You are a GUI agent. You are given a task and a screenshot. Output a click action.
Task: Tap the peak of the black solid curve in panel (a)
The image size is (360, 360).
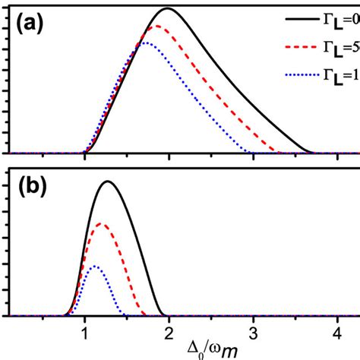click(x=167, y=9)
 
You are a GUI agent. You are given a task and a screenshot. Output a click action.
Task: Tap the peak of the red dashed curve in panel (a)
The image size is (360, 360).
click(x=156, y=27)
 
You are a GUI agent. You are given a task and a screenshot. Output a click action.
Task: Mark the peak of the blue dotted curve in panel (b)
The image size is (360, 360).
click(x=93, y=266)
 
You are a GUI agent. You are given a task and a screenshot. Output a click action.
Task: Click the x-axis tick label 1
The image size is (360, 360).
click(x=84, y=333)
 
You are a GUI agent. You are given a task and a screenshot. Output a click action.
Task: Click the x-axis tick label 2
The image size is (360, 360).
click(x=169, y=333)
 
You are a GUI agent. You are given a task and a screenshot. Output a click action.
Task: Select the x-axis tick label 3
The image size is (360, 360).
click(x=253, y=333)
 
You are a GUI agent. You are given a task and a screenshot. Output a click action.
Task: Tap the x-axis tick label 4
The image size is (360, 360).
click(x=337, y=333)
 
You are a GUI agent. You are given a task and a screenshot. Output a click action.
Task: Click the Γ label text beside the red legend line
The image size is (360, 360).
click(x=343, y=46)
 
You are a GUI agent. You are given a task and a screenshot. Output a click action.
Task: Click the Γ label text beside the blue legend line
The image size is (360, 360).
click(x=343, y=74)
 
